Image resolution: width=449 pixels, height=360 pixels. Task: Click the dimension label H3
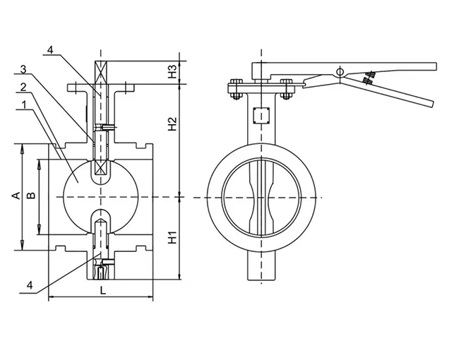[172, 71]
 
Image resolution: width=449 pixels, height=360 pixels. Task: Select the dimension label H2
[172, 126]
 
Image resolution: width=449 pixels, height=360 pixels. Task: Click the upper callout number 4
[50, 50]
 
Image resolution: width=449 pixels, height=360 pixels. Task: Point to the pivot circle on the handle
[340, 72]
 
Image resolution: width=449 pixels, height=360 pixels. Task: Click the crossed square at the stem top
[100, 72]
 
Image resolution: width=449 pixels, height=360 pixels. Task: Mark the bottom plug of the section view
[102, 270]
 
